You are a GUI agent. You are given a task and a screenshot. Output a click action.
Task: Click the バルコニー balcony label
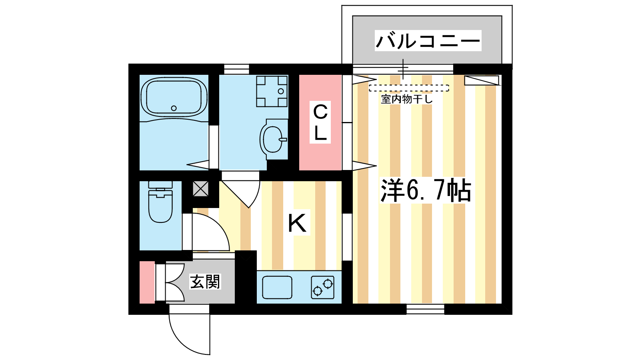[x=428, y=41]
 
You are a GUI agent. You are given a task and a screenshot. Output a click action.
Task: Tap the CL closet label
[x=320, y=122]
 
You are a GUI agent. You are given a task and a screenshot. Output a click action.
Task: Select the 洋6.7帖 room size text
[x=426, y=190]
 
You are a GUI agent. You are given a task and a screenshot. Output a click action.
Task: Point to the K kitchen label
[x=298, y=223]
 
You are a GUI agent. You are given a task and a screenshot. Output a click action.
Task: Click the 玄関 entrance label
[x=205, y=282]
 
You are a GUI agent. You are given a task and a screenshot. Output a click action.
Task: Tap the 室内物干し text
[x=406, y=99]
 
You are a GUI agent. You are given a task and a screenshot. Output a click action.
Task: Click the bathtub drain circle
[x=174, y=108]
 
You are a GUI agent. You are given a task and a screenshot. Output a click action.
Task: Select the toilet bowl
[x=160, y=202]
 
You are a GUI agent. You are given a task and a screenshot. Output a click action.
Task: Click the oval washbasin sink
[x=272, y=140]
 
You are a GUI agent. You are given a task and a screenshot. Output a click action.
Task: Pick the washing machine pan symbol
[x=272, y=91]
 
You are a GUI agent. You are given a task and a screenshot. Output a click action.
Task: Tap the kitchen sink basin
[x=277, y=287]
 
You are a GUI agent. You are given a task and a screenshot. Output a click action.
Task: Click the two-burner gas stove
[x=322, y=288]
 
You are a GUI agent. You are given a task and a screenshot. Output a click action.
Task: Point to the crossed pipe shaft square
[x=200, y=188]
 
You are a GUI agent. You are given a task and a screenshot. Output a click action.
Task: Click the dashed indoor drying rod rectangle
[x=409, y=88]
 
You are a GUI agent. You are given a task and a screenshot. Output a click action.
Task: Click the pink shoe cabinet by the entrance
[x=147, y=282]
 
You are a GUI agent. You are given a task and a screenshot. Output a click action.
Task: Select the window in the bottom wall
[x=426, y=309]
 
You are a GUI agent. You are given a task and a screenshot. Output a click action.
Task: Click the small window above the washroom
[x=236, y=69]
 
